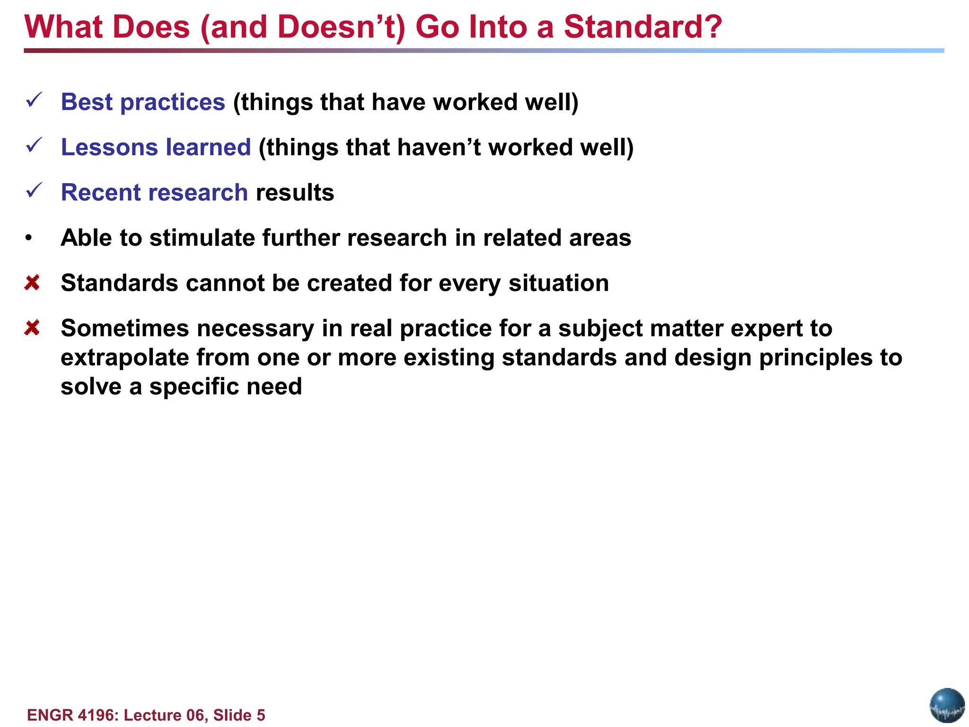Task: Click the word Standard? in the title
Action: (x=643, y=27)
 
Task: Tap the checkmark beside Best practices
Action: (x=35, y=100)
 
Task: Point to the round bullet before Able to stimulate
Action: (x=29, y=238)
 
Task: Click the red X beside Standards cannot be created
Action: (x=32, y=283)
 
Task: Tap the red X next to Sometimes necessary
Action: (x=32, y=328)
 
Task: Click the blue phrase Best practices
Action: (x=143, y=102)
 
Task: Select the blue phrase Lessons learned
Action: (x=156, y=147)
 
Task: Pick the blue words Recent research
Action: (x=154, y=193)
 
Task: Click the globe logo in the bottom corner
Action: (x=947, y=705)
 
